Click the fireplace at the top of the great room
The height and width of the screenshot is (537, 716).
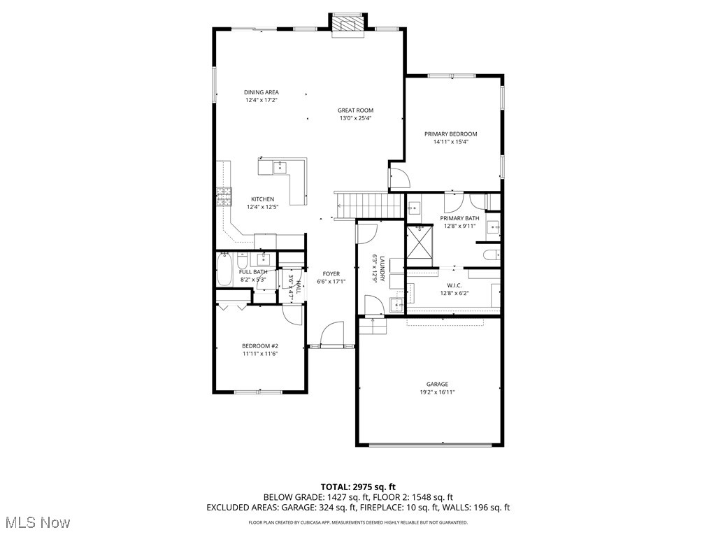[x=348, y=23]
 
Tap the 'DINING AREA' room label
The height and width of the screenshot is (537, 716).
[x=262, y=92]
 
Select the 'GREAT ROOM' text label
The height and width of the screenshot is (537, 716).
[x=355, y=110]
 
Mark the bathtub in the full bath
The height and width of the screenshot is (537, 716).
[x=224, y=269]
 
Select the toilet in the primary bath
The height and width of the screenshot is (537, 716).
[x=491, y=254]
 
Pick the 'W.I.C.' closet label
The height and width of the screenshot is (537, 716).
[x=453, y=285]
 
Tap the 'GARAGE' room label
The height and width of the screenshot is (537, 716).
[x=438, y=384]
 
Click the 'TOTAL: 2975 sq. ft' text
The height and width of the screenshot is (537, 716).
[x=357, y=487]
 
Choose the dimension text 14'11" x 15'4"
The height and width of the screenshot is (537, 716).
[x=450, y=141]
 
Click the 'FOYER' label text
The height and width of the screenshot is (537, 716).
[x=331, y=274]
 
